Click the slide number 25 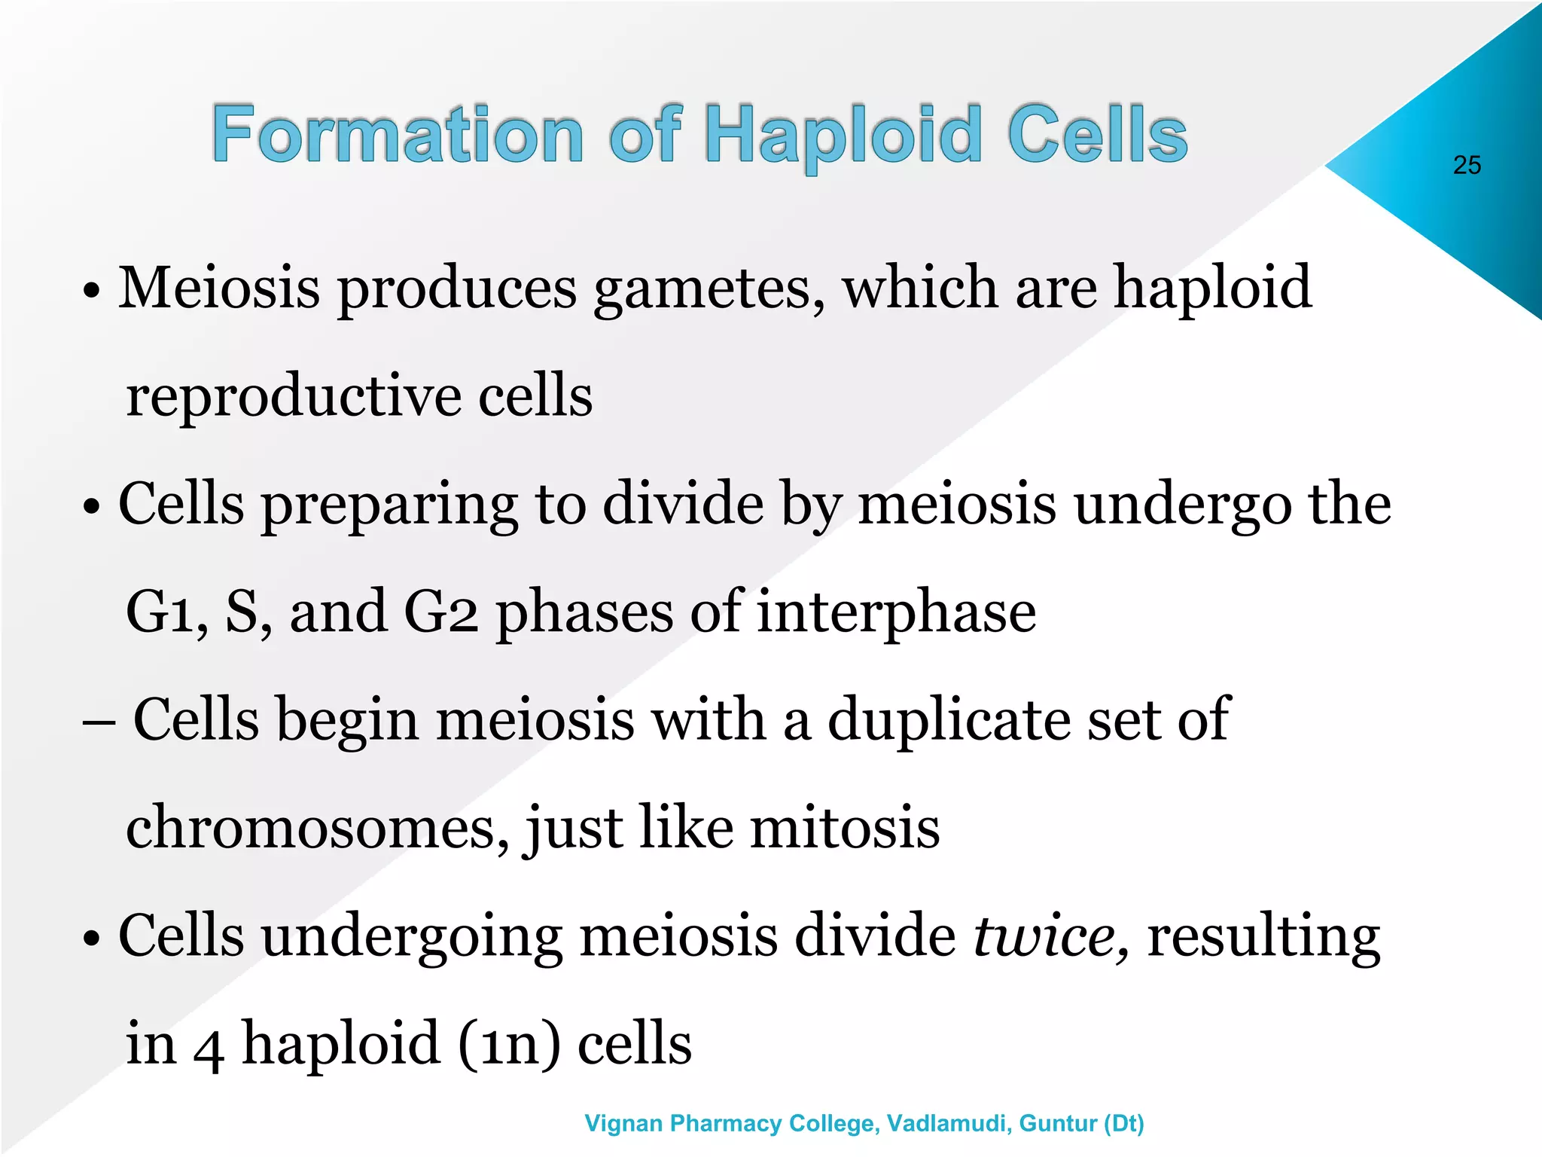coord(1467,165)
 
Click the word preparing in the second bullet coord(389,506)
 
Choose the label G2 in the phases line coord(440,612)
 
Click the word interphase coord(896,612)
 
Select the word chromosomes coord(317,827)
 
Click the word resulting coord(1263,938)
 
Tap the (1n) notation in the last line coord(509,1045)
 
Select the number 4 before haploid coord(209,1046)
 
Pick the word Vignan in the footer coord(624,1123)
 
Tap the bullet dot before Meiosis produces coord(91,291)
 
